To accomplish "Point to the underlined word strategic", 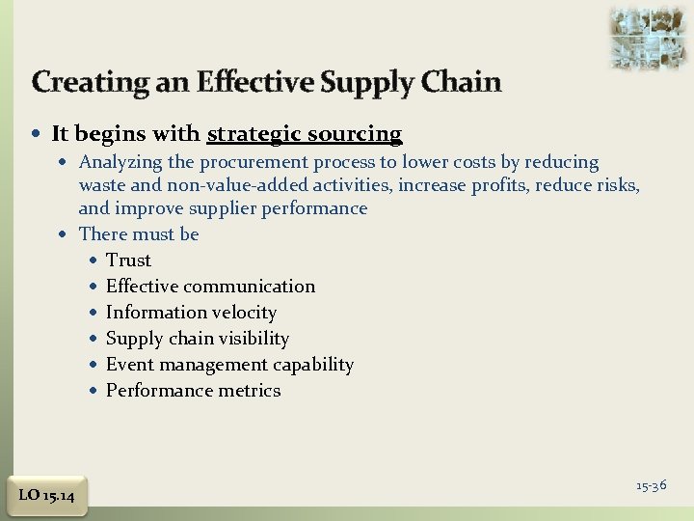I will click(252, 134).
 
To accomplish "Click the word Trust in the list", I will click(128, 260).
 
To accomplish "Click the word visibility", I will click(254, 339).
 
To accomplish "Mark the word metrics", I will click(249, 391).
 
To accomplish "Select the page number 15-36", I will click(651, 485).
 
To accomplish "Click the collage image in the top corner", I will click(648, 37).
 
